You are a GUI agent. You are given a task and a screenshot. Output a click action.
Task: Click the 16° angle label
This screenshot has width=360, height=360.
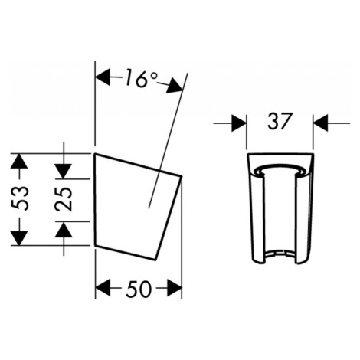tap(141, 79)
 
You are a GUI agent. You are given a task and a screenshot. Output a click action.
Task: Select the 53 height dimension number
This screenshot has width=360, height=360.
tap(20, 199)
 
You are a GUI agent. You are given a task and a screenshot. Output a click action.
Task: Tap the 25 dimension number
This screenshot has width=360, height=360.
tap(64, 199)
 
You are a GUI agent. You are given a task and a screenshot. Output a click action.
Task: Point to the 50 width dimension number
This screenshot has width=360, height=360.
tap(139, 289)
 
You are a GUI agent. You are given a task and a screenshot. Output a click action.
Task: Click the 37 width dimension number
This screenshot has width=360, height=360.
tap(280, 121)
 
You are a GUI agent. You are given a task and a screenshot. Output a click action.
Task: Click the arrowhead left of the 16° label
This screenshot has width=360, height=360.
tap(103, 77)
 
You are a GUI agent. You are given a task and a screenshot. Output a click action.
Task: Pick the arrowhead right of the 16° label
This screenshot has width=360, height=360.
tap(175, 86)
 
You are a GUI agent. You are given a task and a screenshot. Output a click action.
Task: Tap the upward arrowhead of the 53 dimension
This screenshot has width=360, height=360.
tap(19, 161)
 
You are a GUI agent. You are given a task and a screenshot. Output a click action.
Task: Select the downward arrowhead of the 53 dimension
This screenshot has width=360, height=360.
tap(19, 238)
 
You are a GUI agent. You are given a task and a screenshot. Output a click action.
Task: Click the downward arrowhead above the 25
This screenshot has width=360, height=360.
tap(64, 171)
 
